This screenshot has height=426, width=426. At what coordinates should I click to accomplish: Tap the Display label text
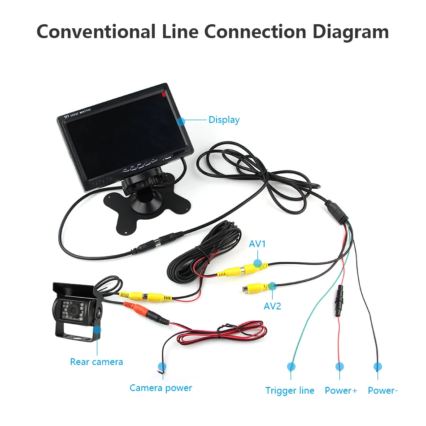pos(224,120)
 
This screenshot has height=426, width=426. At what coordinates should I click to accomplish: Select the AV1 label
pos(257,244)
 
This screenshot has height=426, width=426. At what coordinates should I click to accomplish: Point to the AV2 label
pos(272,307)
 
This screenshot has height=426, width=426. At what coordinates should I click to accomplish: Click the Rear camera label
pos(96,361)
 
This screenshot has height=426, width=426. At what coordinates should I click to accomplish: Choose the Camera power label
pos(161,388)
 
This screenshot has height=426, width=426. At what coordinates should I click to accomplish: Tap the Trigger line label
pos(290,391)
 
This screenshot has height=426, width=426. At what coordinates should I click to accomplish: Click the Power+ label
pos(341,391)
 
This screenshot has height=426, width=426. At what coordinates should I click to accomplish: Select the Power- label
pos(383,391)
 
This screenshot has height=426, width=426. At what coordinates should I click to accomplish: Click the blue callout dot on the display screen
pos(181,121)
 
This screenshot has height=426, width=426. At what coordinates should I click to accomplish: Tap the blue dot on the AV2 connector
pos(272,285)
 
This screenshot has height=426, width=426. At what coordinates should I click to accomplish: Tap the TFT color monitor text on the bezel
pos(77,113)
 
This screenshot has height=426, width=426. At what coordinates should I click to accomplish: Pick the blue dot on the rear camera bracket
pos(97,330)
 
